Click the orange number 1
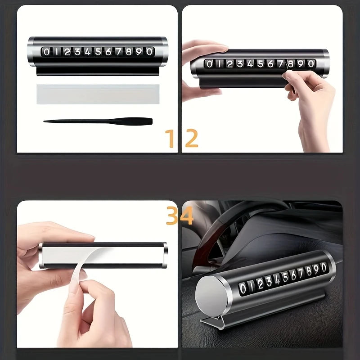[x=171, y=139]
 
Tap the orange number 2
[x=191, y=139]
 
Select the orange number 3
[x=173, y=216]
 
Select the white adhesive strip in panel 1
[x=98, y=94]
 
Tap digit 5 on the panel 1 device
[x=98, y=52]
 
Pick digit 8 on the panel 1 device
[x=129, y=52]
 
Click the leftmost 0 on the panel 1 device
[x=46, y=52]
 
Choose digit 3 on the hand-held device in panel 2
[x=240, y=64]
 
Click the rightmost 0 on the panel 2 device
[x=310, y=64]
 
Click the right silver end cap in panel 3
[x=165, y=255]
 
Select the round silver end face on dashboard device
[x=213, y=297]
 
